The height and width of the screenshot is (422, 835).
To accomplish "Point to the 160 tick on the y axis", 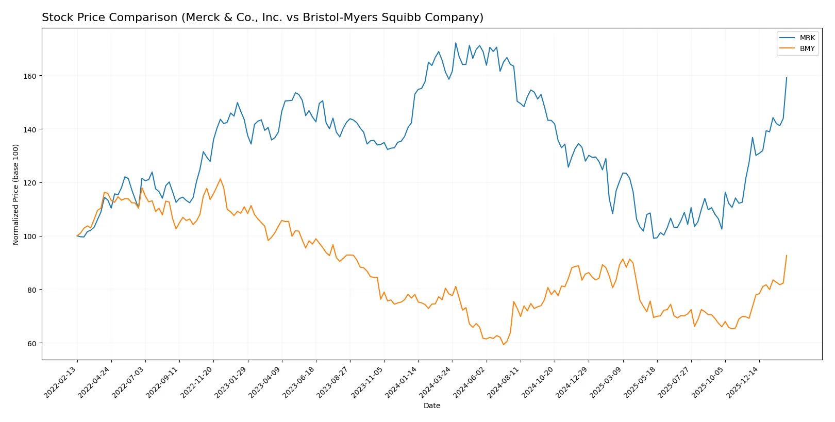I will coord(30,76).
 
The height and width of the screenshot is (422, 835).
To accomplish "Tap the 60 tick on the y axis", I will coord(31,343).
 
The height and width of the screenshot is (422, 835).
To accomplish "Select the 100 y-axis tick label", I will coord(30,237).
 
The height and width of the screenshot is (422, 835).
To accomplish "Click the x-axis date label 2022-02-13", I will coord(61,382).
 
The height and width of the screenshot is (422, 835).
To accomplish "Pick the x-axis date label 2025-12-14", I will coord(743,382).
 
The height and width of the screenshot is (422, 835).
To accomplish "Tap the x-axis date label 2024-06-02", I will coord(470,382).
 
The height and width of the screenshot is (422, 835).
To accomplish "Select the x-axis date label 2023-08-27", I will coord(333,382).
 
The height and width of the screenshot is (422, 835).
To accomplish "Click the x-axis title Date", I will coord(431,406).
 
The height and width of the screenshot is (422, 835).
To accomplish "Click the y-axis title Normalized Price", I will coord(16,194).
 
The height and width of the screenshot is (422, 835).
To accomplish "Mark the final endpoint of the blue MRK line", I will coord(787,78).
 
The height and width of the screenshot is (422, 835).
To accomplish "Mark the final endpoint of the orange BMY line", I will coord(787,255).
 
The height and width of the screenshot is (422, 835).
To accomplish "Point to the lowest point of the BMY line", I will coord(504,344).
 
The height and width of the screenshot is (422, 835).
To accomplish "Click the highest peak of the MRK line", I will coord(456,43).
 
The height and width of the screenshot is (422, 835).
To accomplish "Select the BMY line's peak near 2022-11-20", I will coord(220,179).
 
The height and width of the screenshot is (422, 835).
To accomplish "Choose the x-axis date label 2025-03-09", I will coord(606,382).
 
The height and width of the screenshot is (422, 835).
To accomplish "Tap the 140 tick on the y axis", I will coord(30,129).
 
